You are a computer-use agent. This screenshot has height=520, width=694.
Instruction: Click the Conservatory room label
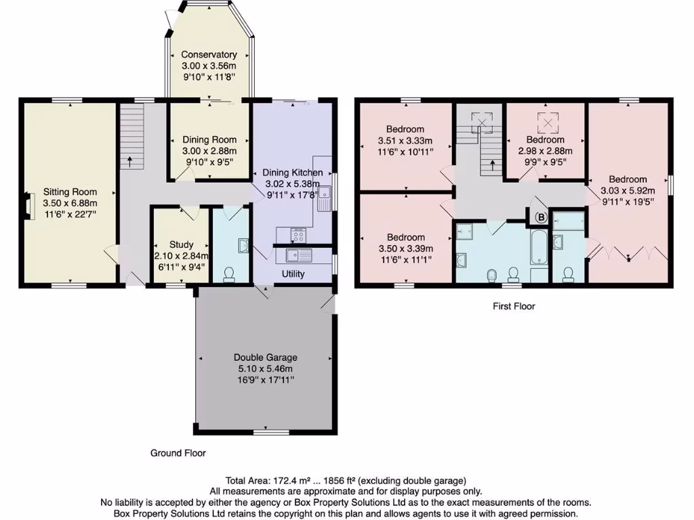pyautogui.click(x=209, y=55)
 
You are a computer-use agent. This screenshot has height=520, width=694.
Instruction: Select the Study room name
pyautogui.click(x=182, y=244)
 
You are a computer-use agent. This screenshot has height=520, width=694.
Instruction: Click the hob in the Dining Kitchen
pyautogui.click(x=298, y=235)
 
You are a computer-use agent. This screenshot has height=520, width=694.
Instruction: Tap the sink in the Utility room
pyautogui.click(x=298, y=255)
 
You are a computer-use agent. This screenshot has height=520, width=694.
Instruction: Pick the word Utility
pyautogui.click(x=293, y=274)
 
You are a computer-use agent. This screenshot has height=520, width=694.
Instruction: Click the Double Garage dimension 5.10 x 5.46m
pyautogui.click(x=265, y=368)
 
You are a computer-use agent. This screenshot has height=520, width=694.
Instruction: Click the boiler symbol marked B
pyautogui.click(x=541, y=217)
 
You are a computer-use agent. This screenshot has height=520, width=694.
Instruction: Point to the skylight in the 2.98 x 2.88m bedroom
pyautogui.click(x=546, y=123)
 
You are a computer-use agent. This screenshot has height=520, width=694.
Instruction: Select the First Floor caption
pyautogui.click(x=514, y=306)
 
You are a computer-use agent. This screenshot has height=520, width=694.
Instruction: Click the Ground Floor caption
pyautogui.click(x=178, y=453)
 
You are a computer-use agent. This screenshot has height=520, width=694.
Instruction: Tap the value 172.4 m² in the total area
pyautogui.click(x=285, y=481)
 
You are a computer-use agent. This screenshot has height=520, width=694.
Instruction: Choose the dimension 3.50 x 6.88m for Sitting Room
pyautogui.click(x=70, y=202)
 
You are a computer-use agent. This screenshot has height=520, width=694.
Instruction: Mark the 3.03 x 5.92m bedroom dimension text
pyautogui.click(x=623, y=190)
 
